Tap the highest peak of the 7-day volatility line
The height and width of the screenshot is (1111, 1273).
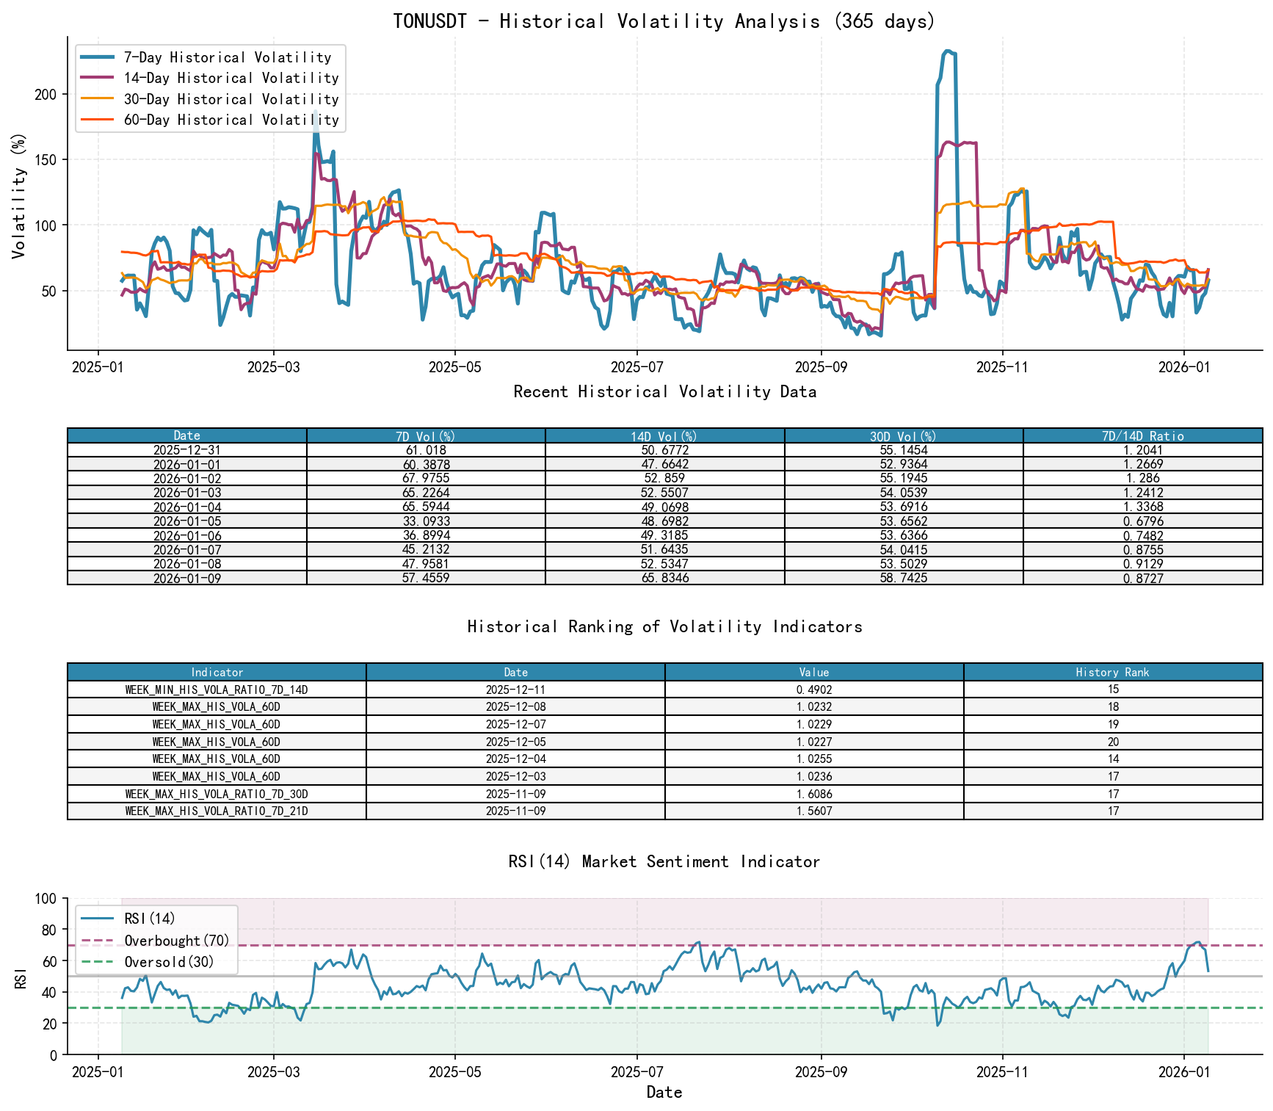point(948,51)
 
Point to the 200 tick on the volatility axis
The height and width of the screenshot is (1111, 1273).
point(46,94)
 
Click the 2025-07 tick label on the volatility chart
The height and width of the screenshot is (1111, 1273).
point(636,367)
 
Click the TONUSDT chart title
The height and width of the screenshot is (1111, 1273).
point(664,21)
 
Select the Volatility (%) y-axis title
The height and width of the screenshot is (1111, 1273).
point(19,195)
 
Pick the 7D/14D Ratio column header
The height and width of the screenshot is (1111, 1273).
point(1142,436)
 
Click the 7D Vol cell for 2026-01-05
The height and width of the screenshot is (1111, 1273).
point(426,521)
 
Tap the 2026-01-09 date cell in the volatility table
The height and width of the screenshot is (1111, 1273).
point(186,579)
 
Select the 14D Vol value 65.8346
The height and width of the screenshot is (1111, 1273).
point(664,579)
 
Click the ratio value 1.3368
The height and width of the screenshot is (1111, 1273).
point(1142,507)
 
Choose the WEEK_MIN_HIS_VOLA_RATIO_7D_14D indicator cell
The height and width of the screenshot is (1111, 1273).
point(217,690)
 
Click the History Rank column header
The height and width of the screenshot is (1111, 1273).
point(1112,673)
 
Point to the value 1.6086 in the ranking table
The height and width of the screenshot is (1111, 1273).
point(813,795)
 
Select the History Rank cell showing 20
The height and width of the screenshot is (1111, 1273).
point(1113,742)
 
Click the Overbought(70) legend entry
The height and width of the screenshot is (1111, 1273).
point(176,941)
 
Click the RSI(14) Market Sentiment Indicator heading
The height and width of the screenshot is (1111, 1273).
point(664,861)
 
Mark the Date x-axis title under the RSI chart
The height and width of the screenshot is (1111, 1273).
point(664,1093)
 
